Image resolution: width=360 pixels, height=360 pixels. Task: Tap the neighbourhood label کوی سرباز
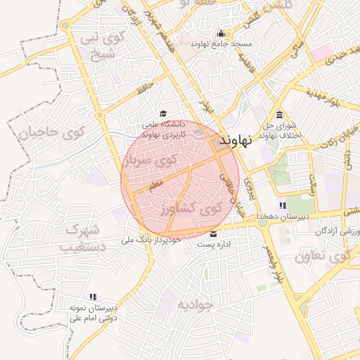click(150, 162)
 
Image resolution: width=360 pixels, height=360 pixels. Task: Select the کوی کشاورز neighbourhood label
click(189, 208)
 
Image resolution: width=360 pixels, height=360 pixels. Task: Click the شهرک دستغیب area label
click(84, 238)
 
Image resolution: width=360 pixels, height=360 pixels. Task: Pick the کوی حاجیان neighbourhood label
click(51, 132)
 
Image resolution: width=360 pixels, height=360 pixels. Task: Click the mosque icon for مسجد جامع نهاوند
click(221, 33)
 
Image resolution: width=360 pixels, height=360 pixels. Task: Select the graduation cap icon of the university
click(163, 114)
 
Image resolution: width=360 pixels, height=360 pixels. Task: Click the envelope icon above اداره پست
click(213, 234)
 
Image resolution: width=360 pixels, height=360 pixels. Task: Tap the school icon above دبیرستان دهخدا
click(283, 205)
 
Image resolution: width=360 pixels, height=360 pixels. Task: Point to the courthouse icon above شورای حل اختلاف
click(280, 115)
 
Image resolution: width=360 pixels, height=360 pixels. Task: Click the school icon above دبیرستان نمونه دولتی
click(92, 297)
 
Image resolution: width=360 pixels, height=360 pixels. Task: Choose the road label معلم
click(156, 183)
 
